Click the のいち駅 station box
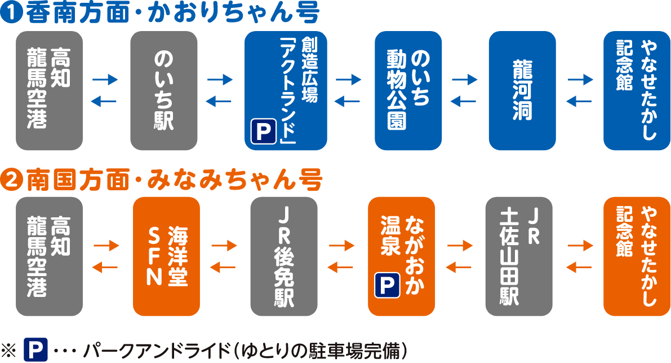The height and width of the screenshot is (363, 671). pos(163,91)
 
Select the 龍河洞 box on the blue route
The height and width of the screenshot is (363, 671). pos(522,91)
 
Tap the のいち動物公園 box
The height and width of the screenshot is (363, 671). pos(408,91)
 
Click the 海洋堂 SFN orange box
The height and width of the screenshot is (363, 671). pos(166,256)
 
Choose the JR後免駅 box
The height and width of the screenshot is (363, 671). pos(283,256)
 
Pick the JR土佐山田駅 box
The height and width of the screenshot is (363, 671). pos(518,256)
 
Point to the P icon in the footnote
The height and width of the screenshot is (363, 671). pos(35,350)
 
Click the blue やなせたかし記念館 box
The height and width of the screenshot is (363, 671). pos(637,91)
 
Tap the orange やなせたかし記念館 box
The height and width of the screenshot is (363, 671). pos(637,256)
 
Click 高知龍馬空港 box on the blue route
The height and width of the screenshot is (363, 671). pos(50,91)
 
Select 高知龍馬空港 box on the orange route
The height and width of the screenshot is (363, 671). pos(50,256)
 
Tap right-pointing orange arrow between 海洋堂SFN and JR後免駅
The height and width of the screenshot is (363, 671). pos(224,246)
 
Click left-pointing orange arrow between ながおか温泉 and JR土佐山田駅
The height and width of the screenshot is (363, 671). pos(459,267)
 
